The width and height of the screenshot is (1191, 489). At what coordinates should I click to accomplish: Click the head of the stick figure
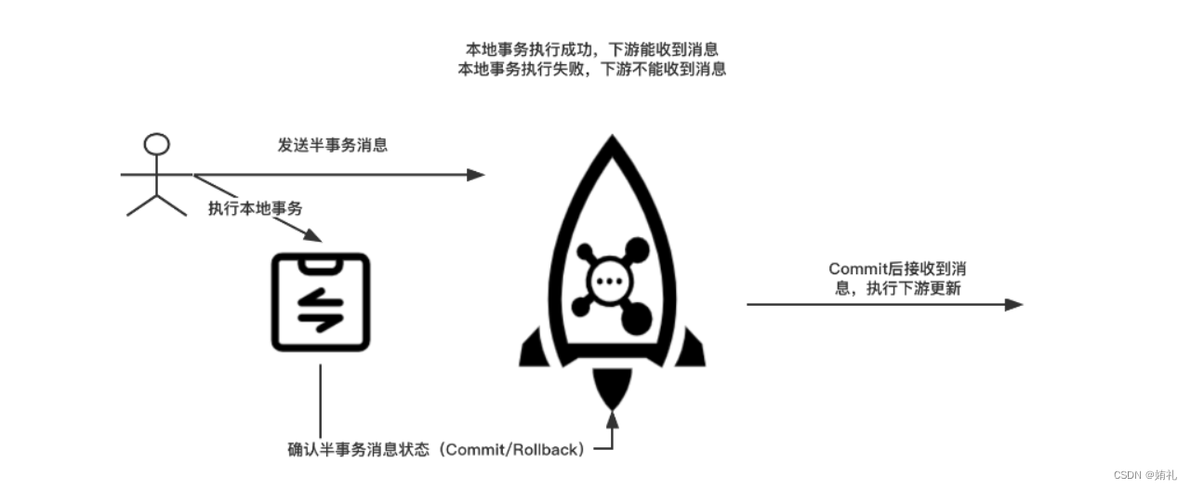tap(156, 144)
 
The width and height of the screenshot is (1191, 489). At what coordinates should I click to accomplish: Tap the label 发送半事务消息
tap(333, 145)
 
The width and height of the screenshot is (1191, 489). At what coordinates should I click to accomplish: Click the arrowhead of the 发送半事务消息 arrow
tap(476, 175)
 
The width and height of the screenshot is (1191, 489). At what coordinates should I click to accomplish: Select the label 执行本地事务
tap(256, 208)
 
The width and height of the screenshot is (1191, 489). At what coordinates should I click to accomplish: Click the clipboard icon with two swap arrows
tap(320, 301)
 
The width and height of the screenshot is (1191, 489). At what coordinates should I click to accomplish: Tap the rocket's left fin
tap(534, 349)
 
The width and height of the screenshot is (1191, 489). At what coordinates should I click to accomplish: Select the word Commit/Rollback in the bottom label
tap(514, 450)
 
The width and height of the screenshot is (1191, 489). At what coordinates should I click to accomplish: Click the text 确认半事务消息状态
tap(360, 450)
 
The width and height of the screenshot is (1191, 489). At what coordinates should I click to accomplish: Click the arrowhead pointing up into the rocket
tap(612, 419)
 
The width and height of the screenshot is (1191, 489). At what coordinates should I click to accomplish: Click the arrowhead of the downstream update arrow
tap(1014, 305)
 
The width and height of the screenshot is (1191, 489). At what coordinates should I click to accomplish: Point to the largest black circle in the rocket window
tap(638, 320)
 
